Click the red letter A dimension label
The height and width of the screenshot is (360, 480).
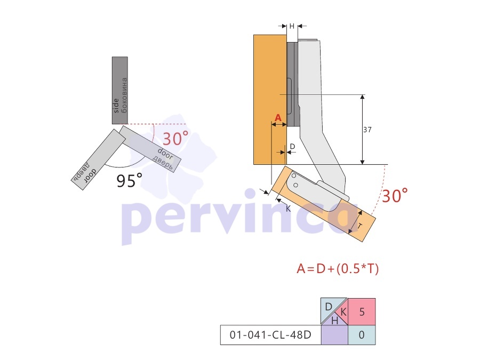click(x=278, y=118)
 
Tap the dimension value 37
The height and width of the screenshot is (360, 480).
click(x=367, y=130)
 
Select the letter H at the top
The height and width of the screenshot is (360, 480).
click(x=292, y=26)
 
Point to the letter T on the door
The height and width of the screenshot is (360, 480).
click(x=360, y=227)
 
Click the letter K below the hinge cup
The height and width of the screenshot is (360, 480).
click(x=288, y=209)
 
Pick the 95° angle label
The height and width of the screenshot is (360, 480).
click(x=129, y=180)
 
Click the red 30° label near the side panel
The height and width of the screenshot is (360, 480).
click(x=175, y=138)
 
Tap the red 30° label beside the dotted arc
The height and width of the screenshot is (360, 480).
click(x=395, y=195)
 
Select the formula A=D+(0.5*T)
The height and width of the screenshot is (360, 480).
click(x=338, y=269)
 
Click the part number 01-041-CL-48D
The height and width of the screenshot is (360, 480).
click(x=270, y=335)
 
